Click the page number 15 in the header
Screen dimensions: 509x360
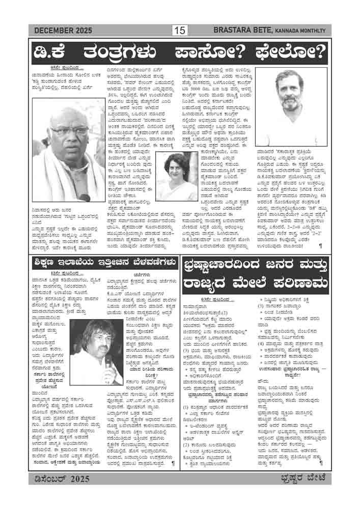tap(180, 31)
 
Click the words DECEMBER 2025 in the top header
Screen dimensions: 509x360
tap(63, 31)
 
